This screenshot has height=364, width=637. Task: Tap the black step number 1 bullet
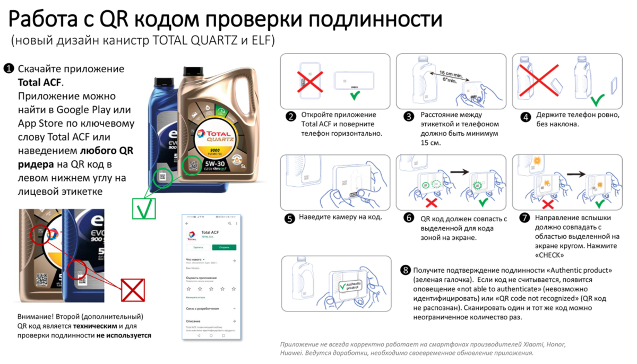[9, 69]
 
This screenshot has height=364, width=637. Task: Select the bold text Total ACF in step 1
[40, 82]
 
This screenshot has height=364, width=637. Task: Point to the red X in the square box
[133, 290]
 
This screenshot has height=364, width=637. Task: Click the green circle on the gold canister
[192, 166]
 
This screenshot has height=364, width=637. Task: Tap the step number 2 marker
[290, 117]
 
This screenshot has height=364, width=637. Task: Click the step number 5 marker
[289, 218]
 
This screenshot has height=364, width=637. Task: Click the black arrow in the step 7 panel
[576, 174]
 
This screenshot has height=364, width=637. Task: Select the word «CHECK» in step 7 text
[549, 255]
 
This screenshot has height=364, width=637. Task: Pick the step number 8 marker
[406, 270]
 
